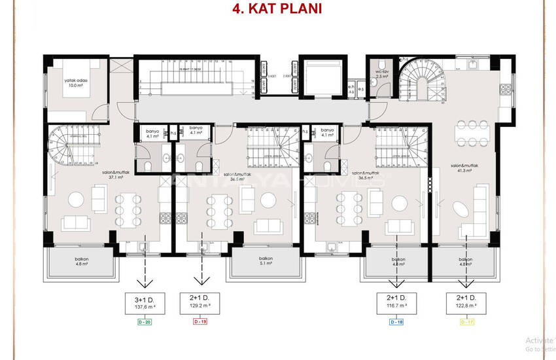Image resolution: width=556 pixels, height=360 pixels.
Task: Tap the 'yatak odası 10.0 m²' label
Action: (x=76, y=83)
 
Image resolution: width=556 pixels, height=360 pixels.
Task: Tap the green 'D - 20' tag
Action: (x=145, y=322)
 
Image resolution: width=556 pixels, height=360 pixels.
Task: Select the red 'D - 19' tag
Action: (x=201, y=322)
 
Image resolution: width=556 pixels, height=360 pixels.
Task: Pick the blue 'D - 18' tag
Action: (x=396, y=322)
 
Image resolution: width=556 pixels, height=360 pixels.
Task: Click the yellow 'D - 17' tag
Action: (x=467, y=322)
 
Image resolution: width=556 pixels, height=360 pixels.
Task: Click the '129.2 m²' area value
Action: (x=201, y=306)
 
